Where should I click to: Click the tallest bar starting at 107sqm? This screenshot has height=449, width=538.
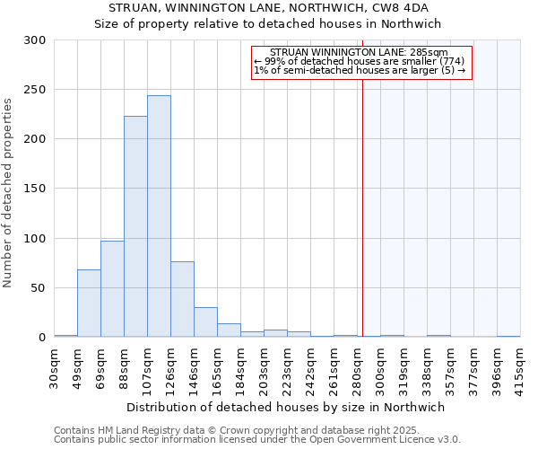pos(159,216)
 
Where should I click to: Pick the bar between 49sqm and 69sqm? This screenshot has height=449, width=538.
pos(89,303)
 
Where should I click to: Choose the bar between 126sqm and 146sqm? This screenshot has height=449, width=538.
pos(182,299)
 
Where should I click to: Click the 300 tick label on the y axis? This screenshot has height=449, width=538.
pos(35,40)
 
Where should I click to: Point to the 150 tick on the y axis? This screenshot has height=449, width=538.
pos(35,189)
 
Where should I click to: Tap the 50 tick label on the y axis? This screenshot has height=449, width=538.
pos(39,288)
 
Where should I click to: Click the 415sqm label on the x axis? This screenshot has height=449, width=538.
pos(520,367)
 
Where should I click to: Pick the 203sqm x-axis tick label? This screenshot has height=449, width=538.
pos(264,367)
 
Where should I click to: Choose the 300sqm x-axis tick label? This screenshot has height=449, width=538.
pos(380,367)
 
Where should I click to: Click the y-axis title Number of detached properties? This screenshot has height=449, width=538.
pos(8,193)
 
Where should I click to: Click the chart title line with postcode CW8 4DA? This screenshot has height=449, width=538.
pos(269,7)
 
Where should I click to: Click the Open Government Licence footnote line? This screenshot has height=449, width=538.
pos(256,440)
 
